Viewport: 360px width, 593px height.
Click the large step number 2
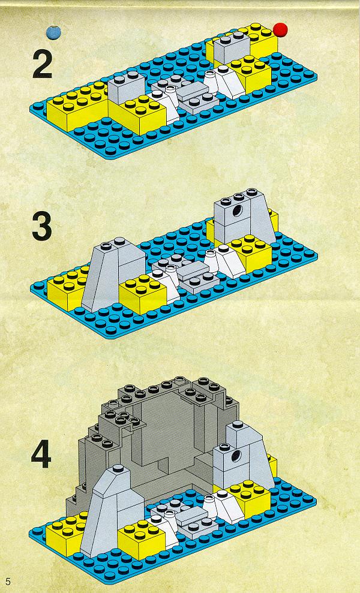(42, 64)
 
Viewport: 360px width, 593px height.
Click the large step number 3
(41, 227)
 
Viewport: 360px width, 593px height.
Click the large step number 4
(41, 455)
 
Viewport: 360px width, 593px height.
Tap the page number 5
(8, 581)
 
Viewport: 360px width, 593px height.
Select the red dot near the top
(281, 29)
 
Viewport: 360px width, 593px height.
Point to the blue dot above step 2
(53, 32)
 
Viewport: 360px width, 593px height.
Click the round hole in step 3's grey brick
(238, 210)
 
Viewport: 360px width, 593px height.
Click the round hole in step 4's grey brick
(236, 455)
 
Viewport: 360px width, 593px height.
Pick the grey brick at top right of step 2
(231, 47)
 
